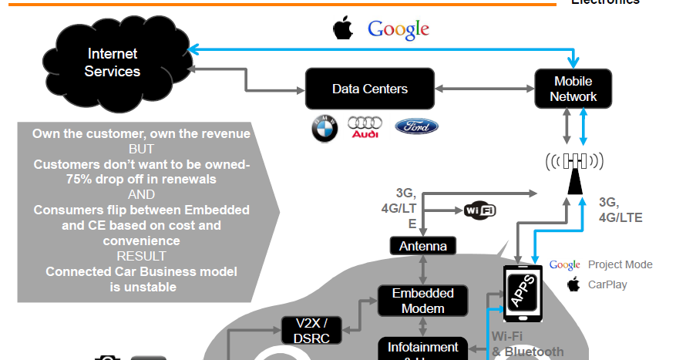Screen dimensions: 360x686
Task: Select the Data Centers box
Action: pos(369,89)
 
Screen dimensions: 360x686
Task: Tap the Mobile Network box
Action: pos(573,89)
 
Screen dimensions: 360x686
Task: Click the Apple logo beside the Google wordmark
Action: pos(342,29)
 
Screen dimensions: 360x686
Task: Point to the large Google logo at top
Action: pos(398,29)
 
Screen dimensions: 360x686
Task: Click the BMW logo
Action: pos(325,129)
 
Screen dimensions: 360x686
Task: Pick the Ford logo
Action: pos(416,126)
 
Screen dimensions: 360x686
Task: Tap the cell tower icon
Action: pos(573,171)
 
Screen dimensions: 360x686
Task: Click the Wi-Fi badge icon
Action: pos(479,210)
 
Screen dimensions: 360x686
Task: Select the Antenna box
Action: pos(422,246)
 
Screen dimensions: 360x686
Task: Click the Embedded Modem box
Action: pos(422,301)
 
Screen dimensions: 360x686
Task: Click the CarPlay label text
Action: pos(607,284)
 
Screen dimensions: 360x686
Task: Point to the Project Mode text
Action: pos(620,264)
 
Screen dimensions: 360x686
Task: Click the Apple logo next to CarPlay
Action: pos(573,284)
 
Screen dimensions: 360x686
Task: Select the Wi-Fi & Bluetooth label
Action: pos(527,344)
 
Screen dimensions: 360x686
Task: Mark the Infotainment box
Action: pos(422,348)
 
